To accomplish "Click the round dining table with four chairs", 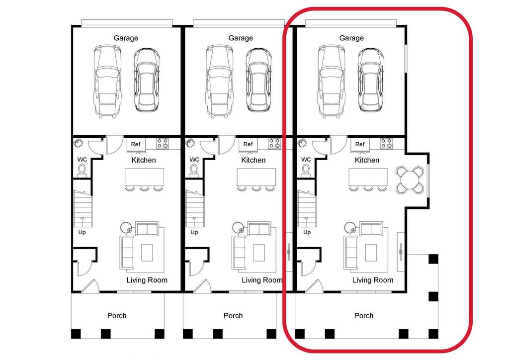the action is tap(410, 180).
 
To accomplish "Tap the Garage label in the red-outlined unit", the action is tap(351, 38).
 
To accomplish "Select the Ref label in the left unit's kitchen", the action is tap(136, 144).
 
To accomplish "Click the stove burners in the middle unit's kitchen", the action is tap(274, 144).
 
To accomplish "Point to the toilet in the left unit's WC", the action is tap(82, 171).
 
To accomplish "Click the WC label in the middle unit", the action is tap(194, 160).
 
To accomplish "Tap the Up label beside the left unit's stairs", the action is tap(82, 232).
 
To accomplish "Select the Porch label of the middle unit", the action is tap(233, 316).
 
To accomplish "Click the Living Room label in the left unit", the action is tap(147, 280).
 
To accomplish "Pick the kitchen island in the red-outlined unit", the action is tap(368, 177).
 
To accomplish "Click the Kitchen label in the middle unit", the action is tap(253, 160).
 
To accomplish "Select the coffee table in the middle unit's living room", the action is tap(259, 253).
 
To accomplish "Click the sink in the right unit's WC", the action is tap(302, 143).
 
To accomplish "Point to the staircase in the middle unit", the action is tap(194, 208).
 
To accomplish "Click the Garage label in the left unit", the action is tap(126, 38).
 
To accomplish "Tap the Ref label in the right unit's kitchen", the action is tap(360, 144).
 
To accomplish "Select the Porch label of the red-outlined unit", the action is tap(363, 316).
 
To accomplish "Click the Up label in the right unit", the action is tap(307, 232).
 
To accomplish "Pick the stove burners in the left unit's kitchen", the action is tap(163, 144).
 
